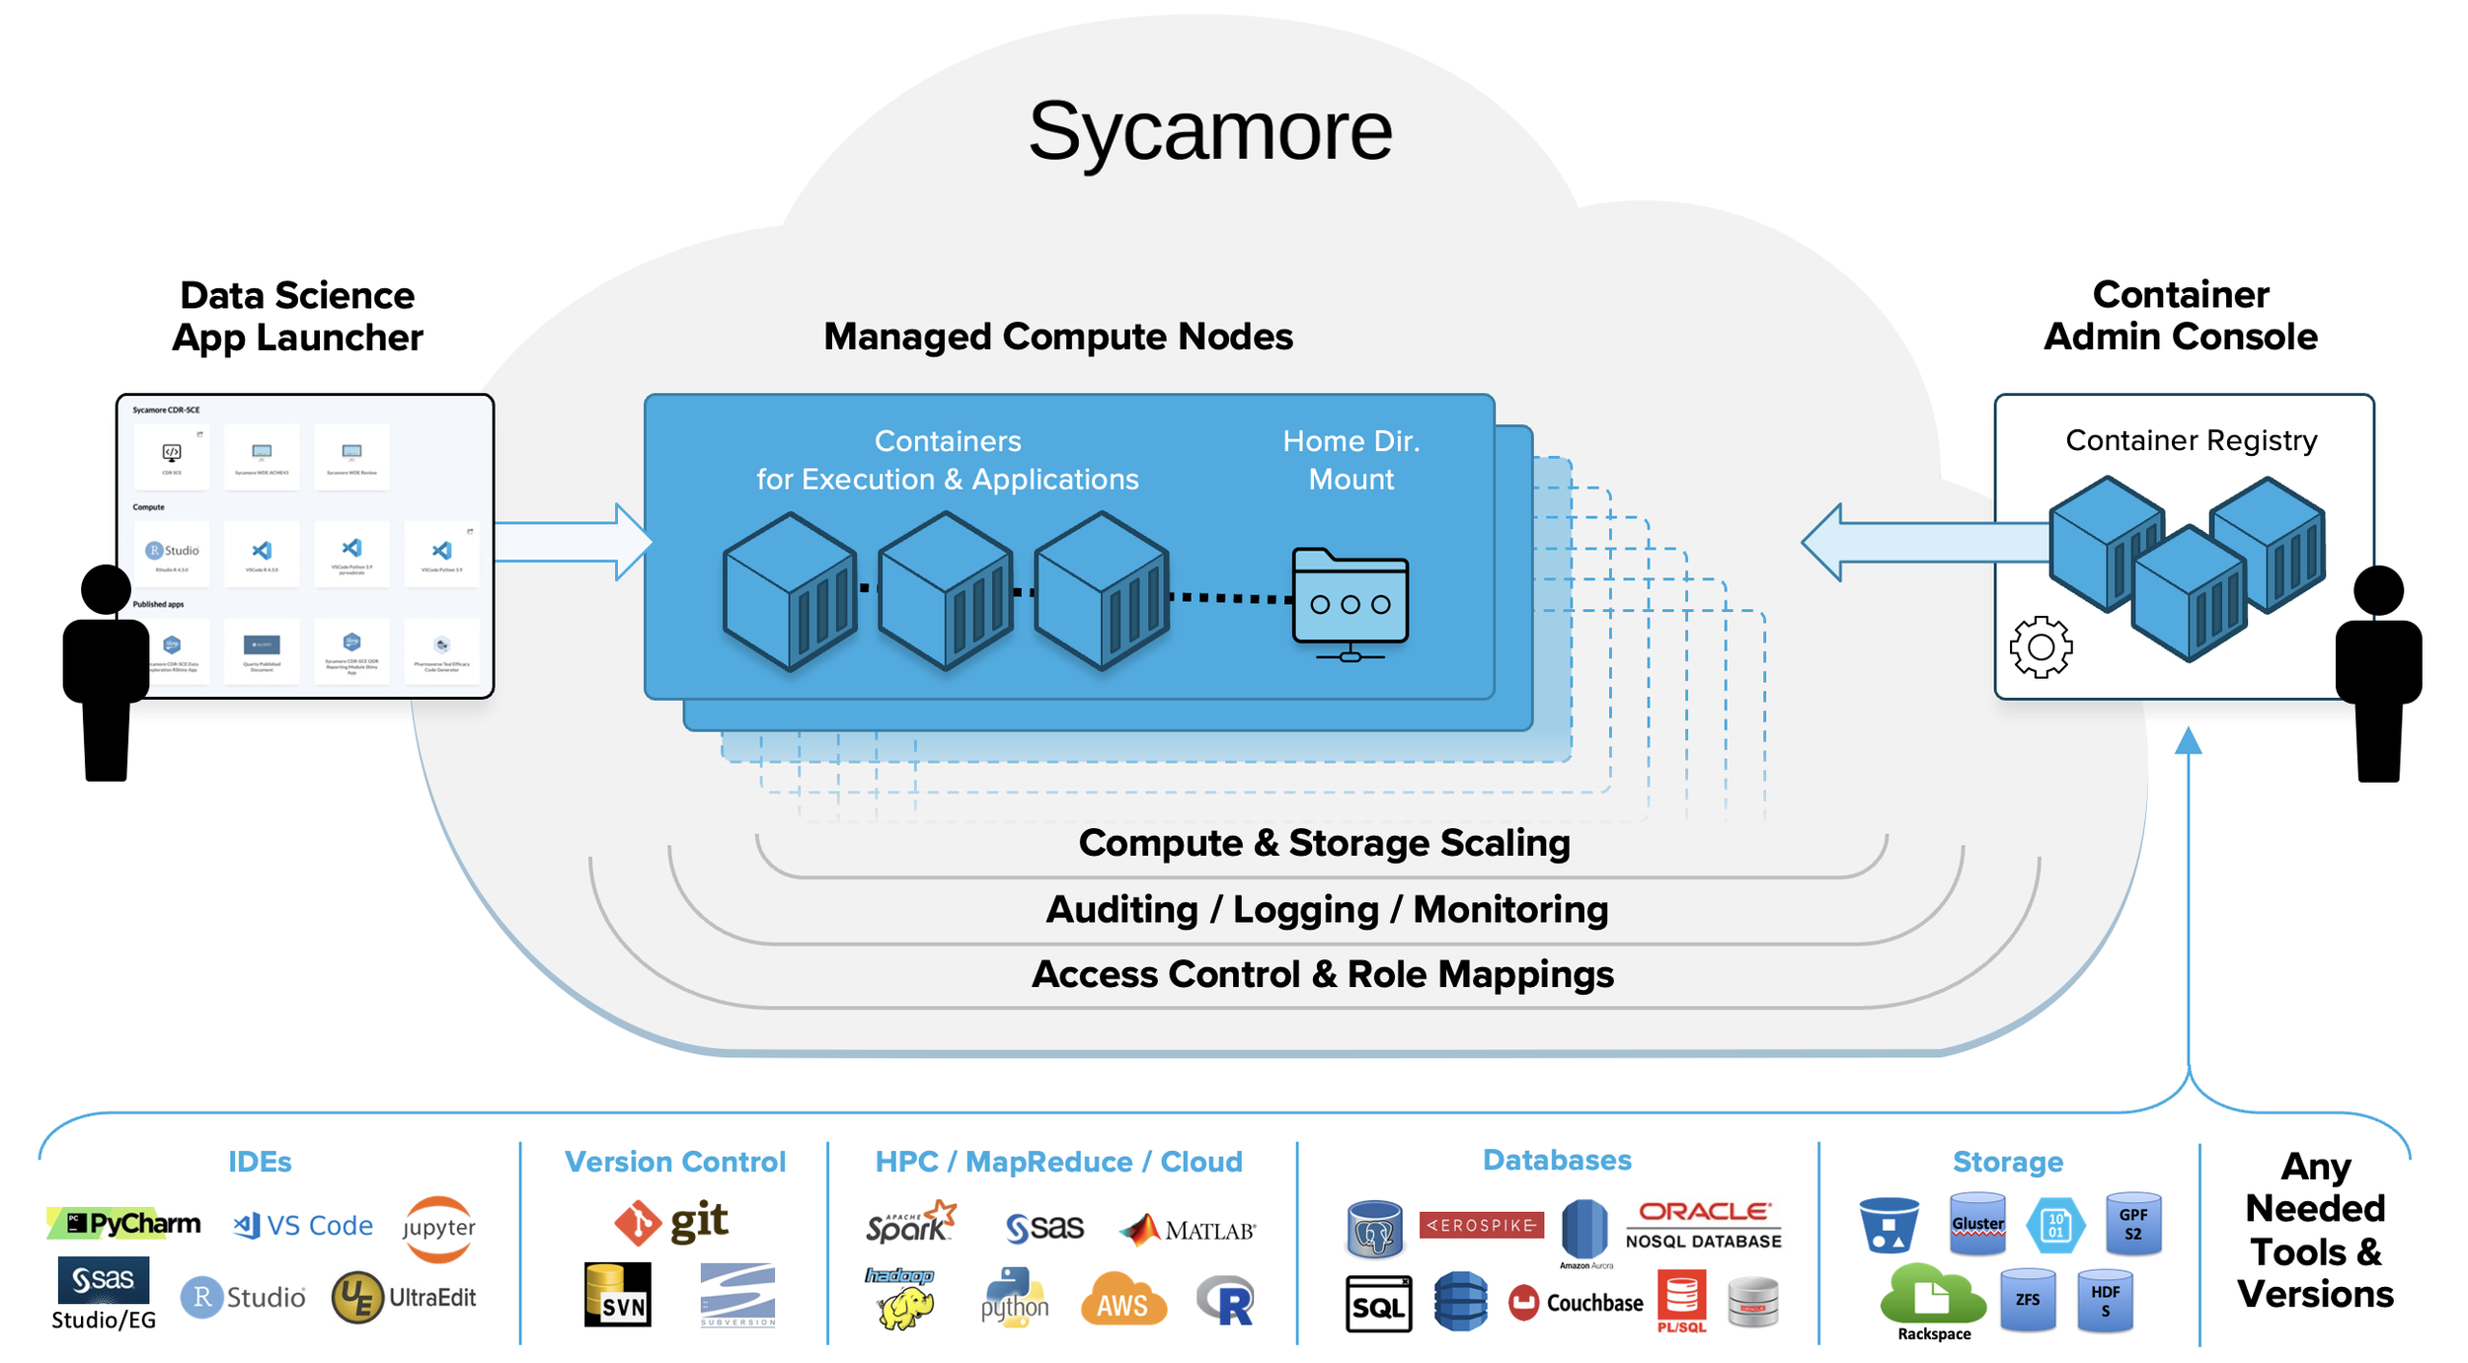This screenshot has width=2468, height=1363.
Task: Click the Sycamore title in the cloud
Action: point(1209,130)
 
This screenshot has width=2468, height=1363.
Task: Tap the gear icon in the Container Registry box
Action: point(2041,647)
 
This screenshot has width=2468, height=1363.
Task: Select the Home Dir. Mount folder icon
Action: point(1350,602)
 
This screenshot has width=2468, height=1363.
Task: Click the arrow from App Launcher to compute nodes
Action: point(573,542)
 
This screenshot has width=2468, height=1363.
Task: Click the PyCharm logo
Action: point(124,1224)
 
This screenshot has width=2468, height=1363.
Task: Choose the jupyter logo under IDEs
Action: point(438,1228)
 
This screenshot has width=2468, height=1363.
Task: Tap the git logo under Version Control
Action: point(671,1222)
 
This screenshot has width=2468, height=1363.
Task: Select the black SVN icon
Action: point(618,1295)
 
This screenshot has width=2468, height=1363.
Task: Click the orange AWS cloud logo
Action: point(1123,1300)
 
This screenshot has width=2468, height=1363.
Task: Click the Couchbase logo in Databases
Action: point(1576,1303)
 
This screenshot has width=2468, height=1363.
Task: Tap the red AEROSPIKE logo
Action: point(1481,1225)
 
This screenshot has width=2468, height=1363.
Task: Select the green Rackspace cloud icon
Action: point(1932,1297)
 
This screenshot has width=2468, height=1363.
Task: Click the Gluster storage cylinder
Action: point(1977,1224)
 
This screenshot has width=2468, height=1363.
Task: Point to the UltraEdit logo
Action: point(404,1297)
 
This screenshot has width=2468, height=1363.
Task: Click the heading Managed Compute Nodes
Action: point(1057,337)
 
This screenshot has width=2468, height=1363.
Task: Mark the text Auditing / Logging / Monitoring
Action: point(1327,909)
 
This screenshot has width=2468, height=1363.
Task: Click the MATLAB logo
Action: point(1188,1230)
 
